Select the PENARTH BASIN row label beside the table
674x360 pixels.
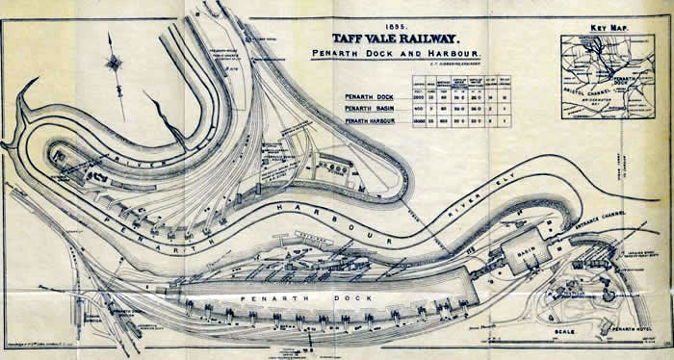[372, 112]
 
